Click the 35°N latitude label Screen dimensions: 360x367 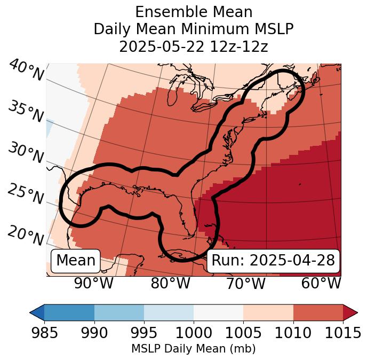pos(26,112)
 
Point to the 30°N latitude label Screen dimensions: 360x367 pos(25,153)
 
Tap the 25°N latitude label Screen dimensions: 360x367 pos(25,194)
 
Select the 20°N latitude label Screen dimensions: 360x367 pos(26,235)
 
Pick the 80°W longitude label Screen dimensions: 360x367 pos(170,284)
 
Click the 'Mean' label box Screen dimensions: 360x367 pos(76,261)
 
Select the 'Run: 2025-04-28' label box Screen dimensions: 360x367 pos(273,261)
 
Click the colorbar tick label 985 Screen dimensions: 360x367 pos(45,333)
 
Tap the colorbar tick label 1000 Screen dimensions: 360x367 pos(194,333)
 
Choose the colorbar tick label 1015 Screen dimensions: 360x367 pos(342,333)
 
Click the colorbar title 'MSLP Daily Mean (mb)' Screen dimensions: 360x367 pos(194,349)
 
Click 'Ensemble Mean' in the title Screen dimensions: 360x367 pos(194,12)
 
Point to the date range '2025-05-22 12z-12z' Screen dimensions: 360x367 pos(194,46)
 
